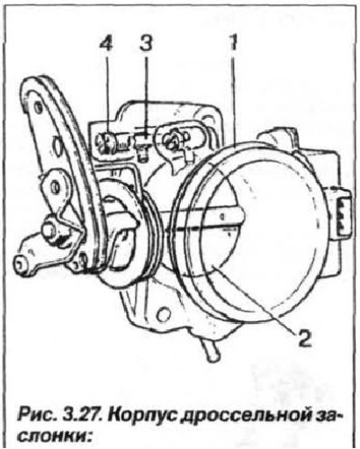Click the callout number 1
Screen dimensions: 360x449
(233, 43)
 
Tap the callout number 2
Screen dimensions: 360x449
(302, 337)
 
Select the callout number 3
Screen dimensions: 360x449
(146, 44)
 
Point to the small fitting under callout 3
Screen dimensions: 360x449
(143, 145)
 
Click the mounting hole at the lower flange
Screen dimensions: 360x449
(163, 315)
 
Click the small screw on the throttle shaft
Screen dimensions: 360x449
(222, 216)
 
